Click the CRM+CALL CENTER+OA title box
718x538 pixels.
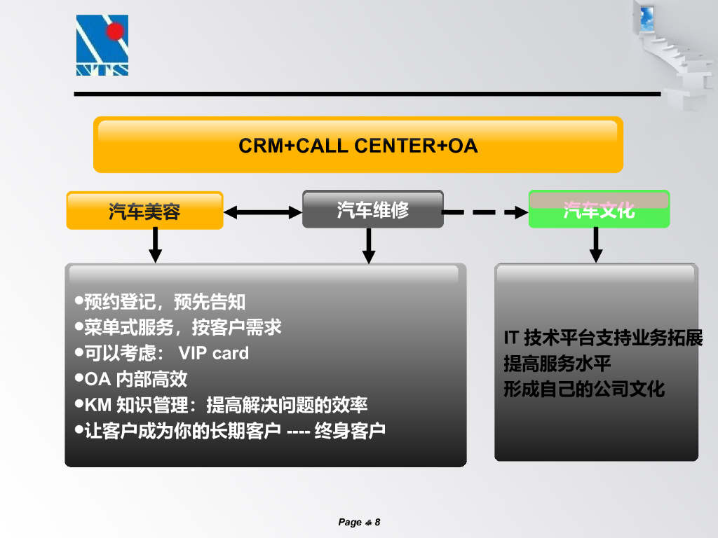tap(358, 145)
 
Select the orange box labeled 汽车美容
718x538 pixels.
tap(144, 211)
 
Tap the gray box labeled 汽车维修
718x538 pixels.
tap(372, 209)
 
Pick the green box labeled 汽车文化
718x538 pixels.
tap(599, 209)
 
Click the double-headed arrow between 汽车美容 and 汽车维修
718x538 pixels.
tap(262, 212)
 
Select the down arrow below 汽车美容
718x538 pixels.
tap(156, 245)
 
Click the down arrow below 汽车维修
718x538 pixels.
tap(369, 245)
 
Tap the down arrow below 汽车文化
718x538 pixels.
tap(596, 244)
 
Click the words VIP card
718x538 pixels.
tap(214, 353)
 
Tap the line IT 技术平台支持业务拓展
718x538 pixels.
tap(603, 338)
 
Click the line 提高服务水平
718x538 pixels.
tap(557, 364)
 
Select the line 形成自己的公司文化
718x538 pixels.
tap(583, 389)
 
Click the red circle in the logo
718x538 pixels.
tap(115, 31)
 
